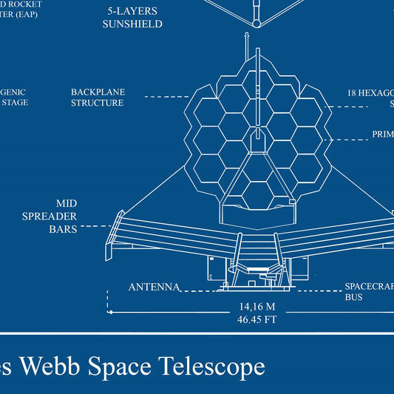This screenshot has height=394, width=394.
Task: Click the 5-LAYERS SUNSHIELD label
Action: pos(132,18)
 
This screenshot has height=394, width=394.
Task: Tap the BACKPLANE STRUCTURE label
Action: pos(98,98)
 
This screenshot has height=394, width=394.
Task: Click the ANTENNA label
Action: pos(154,287)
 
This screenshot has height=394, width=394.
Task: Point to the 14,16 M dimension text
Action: pos(256,306)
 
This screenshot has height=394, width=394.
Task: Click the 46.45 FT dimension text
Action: pos(256,320)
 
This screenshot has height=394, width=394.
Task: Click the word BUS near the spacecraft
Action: pos(355,297)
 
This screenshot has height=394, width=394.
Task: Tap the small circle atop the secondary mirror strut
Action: pos(256,23)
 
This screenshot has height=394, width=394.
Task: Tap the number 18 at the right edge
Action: pos(354,93)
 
